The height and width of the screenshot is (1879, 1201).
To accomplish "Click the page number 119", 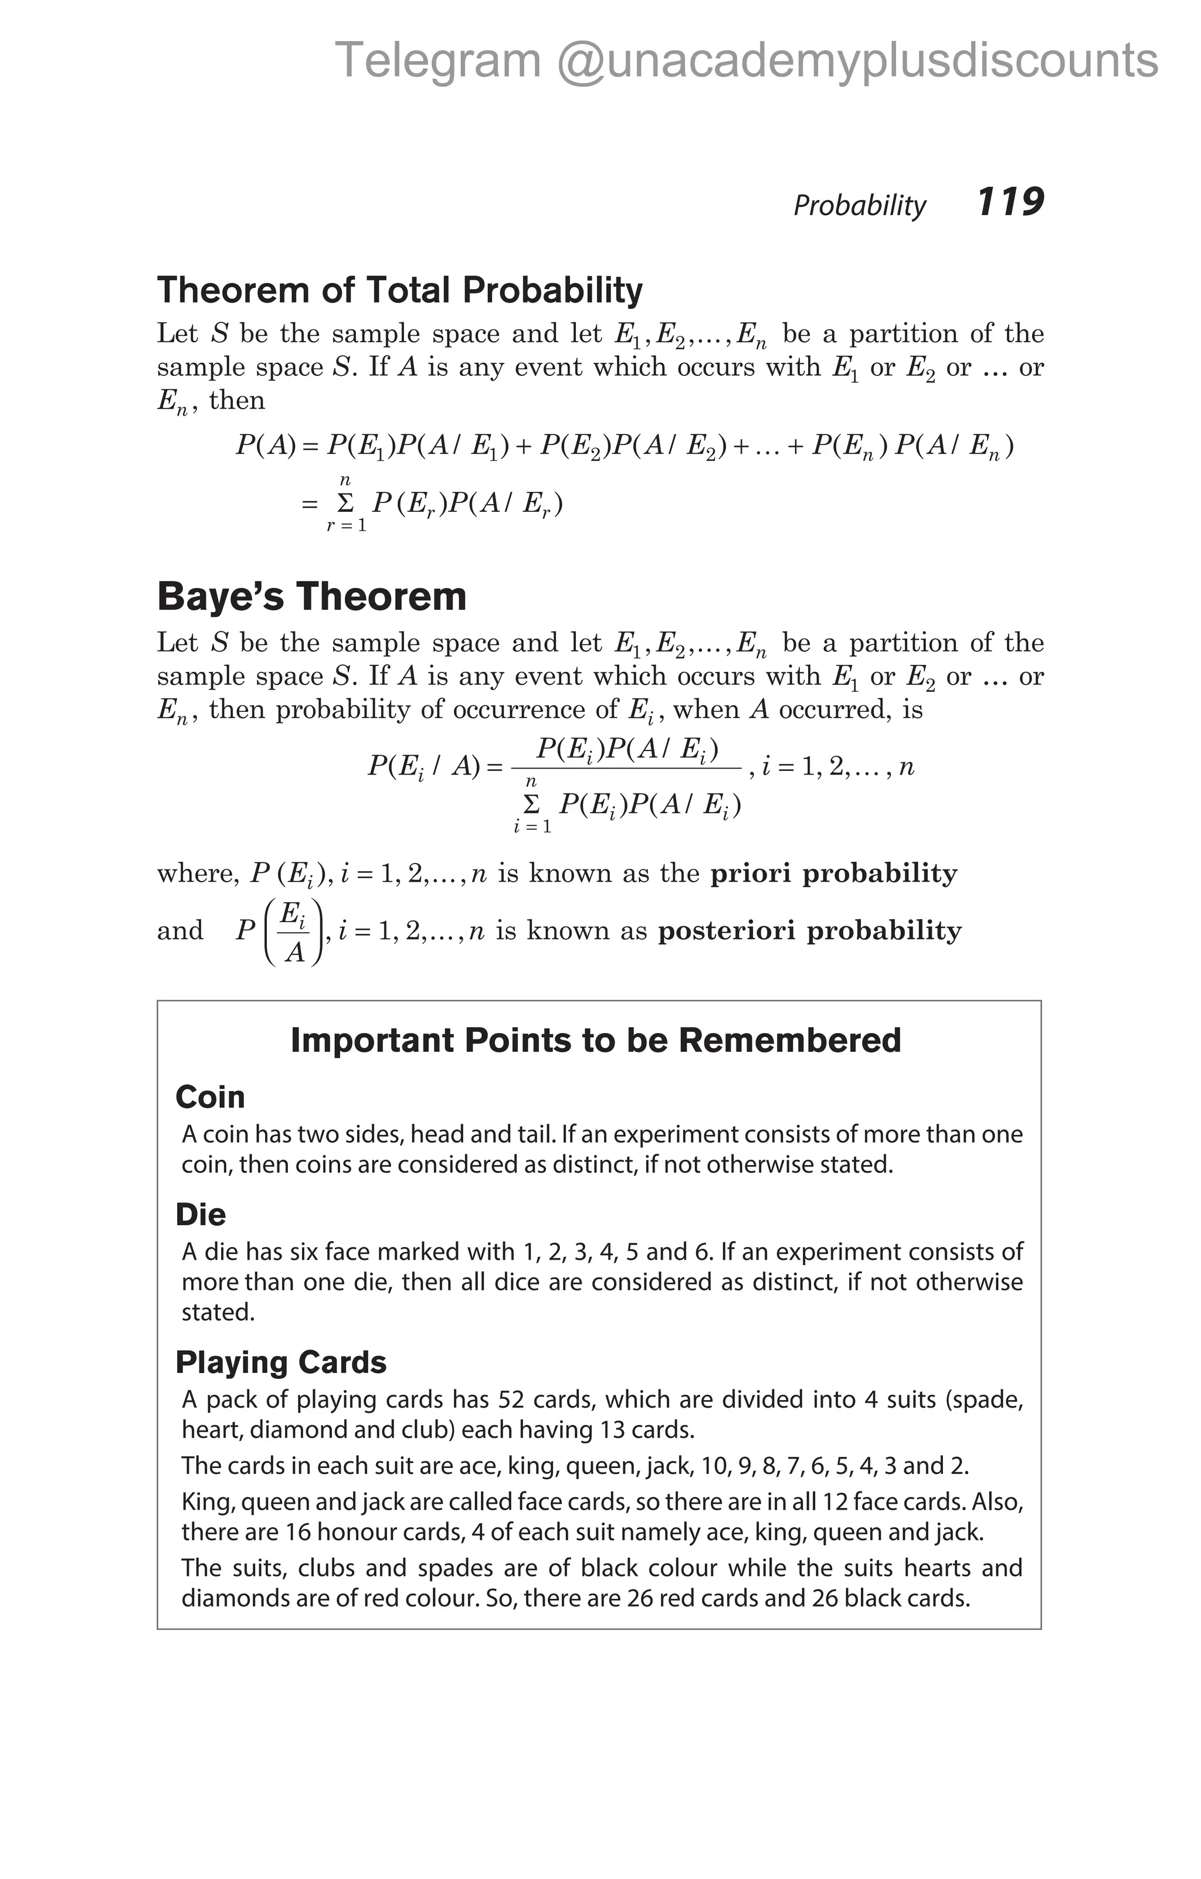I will coord(1010,202).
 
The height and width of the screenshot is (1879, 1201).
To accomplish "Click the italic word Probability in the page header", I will coord(859,205).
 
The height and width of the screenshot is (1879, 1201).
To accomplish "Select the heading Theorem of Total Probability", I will coord(399,290).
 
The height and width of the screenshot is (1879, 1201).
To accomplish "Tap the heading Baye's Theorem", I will coord(311,597).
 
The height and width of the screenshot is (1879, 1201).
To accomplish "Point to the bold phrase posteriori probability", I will coord(809,930).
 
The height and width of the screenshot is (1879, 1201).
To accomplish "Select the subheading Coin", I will coord(210,1096).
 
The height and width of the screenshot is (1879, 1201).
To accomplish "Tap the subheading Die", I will coord(201,1214).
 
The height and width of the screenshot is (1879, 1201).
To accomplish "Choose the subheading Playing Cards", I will coord(281,1362).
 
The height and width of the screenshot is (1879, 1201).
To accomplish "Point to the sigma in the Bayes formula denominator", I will coord(531,804).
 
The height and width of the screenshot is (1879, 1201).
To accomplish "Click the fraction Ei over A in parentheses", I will coord(293,932).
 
